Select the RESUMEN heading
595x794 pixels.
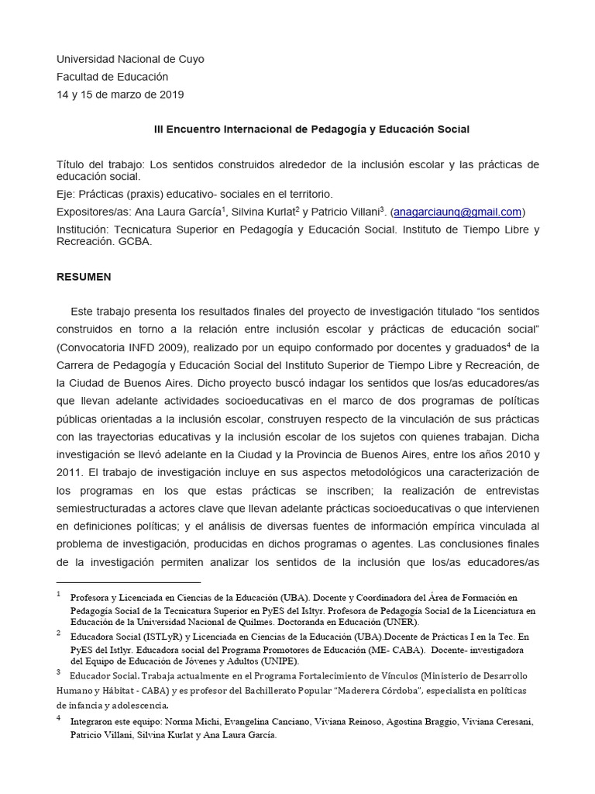tap(84, 277)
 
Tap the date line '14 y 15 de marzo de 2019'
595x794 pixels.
tap(121, 95)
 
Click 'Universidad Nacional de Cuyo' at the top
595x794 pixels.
tap(131, 59)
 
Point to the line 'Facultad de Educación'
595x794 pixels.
tap(112, 77)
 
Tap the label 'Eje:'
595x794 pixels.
tap(67, 194)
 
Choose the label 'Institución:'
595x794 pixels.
tap(84, 230)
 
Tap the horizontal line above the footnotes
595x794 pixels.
tap(129, 582)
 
